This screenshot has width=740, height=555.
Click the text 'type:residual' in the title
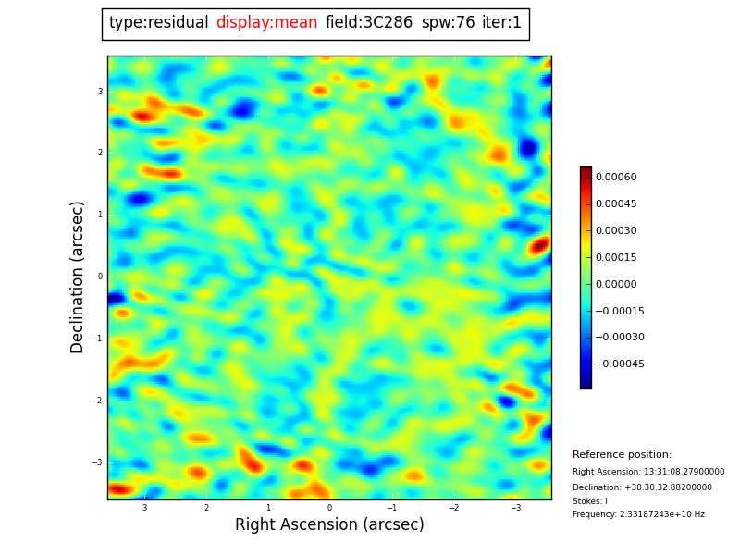(158, 23)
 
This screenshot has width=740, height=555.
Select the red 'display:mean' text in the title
(266, 23)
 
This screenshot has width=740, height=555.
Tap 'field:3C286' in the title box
(368, 23)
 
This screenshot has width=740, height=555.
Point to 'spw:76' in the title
(448, 23)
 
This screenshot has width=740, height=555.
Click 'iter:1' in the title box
(501, 23)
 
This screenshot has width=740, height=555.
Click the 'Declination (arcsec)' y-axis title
(78, 277)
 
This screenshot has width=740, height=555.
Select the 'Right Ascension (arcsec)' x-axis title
(329, 525)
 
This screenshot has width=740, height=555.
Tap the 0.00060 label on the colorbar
(615, 177)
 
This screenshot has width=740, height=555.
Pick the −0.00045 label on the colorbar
(619, 364)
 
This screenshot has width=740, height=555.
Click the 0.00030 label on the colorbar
(615, 230)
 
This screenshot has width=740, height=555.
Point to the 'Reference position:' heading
(622, 455)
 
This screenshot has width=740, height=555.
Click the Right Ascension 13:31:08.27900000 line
(647, 472)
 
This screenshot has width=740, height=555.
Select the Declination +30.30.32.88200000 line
(642, 487)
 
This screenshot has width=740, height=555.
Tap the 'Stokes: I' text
(590, 501)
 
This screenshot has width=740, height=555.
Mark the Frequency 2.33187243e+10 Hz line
(638, 514)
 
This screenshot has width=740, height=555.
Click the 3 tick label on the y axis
(100, 91)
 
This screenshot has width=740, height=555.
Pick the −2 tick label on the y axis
(98, 401)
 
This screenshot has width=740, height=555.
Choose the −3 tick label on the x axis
(515, 508)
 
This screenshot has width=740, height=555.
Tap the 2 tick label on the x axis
(206, 508)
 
